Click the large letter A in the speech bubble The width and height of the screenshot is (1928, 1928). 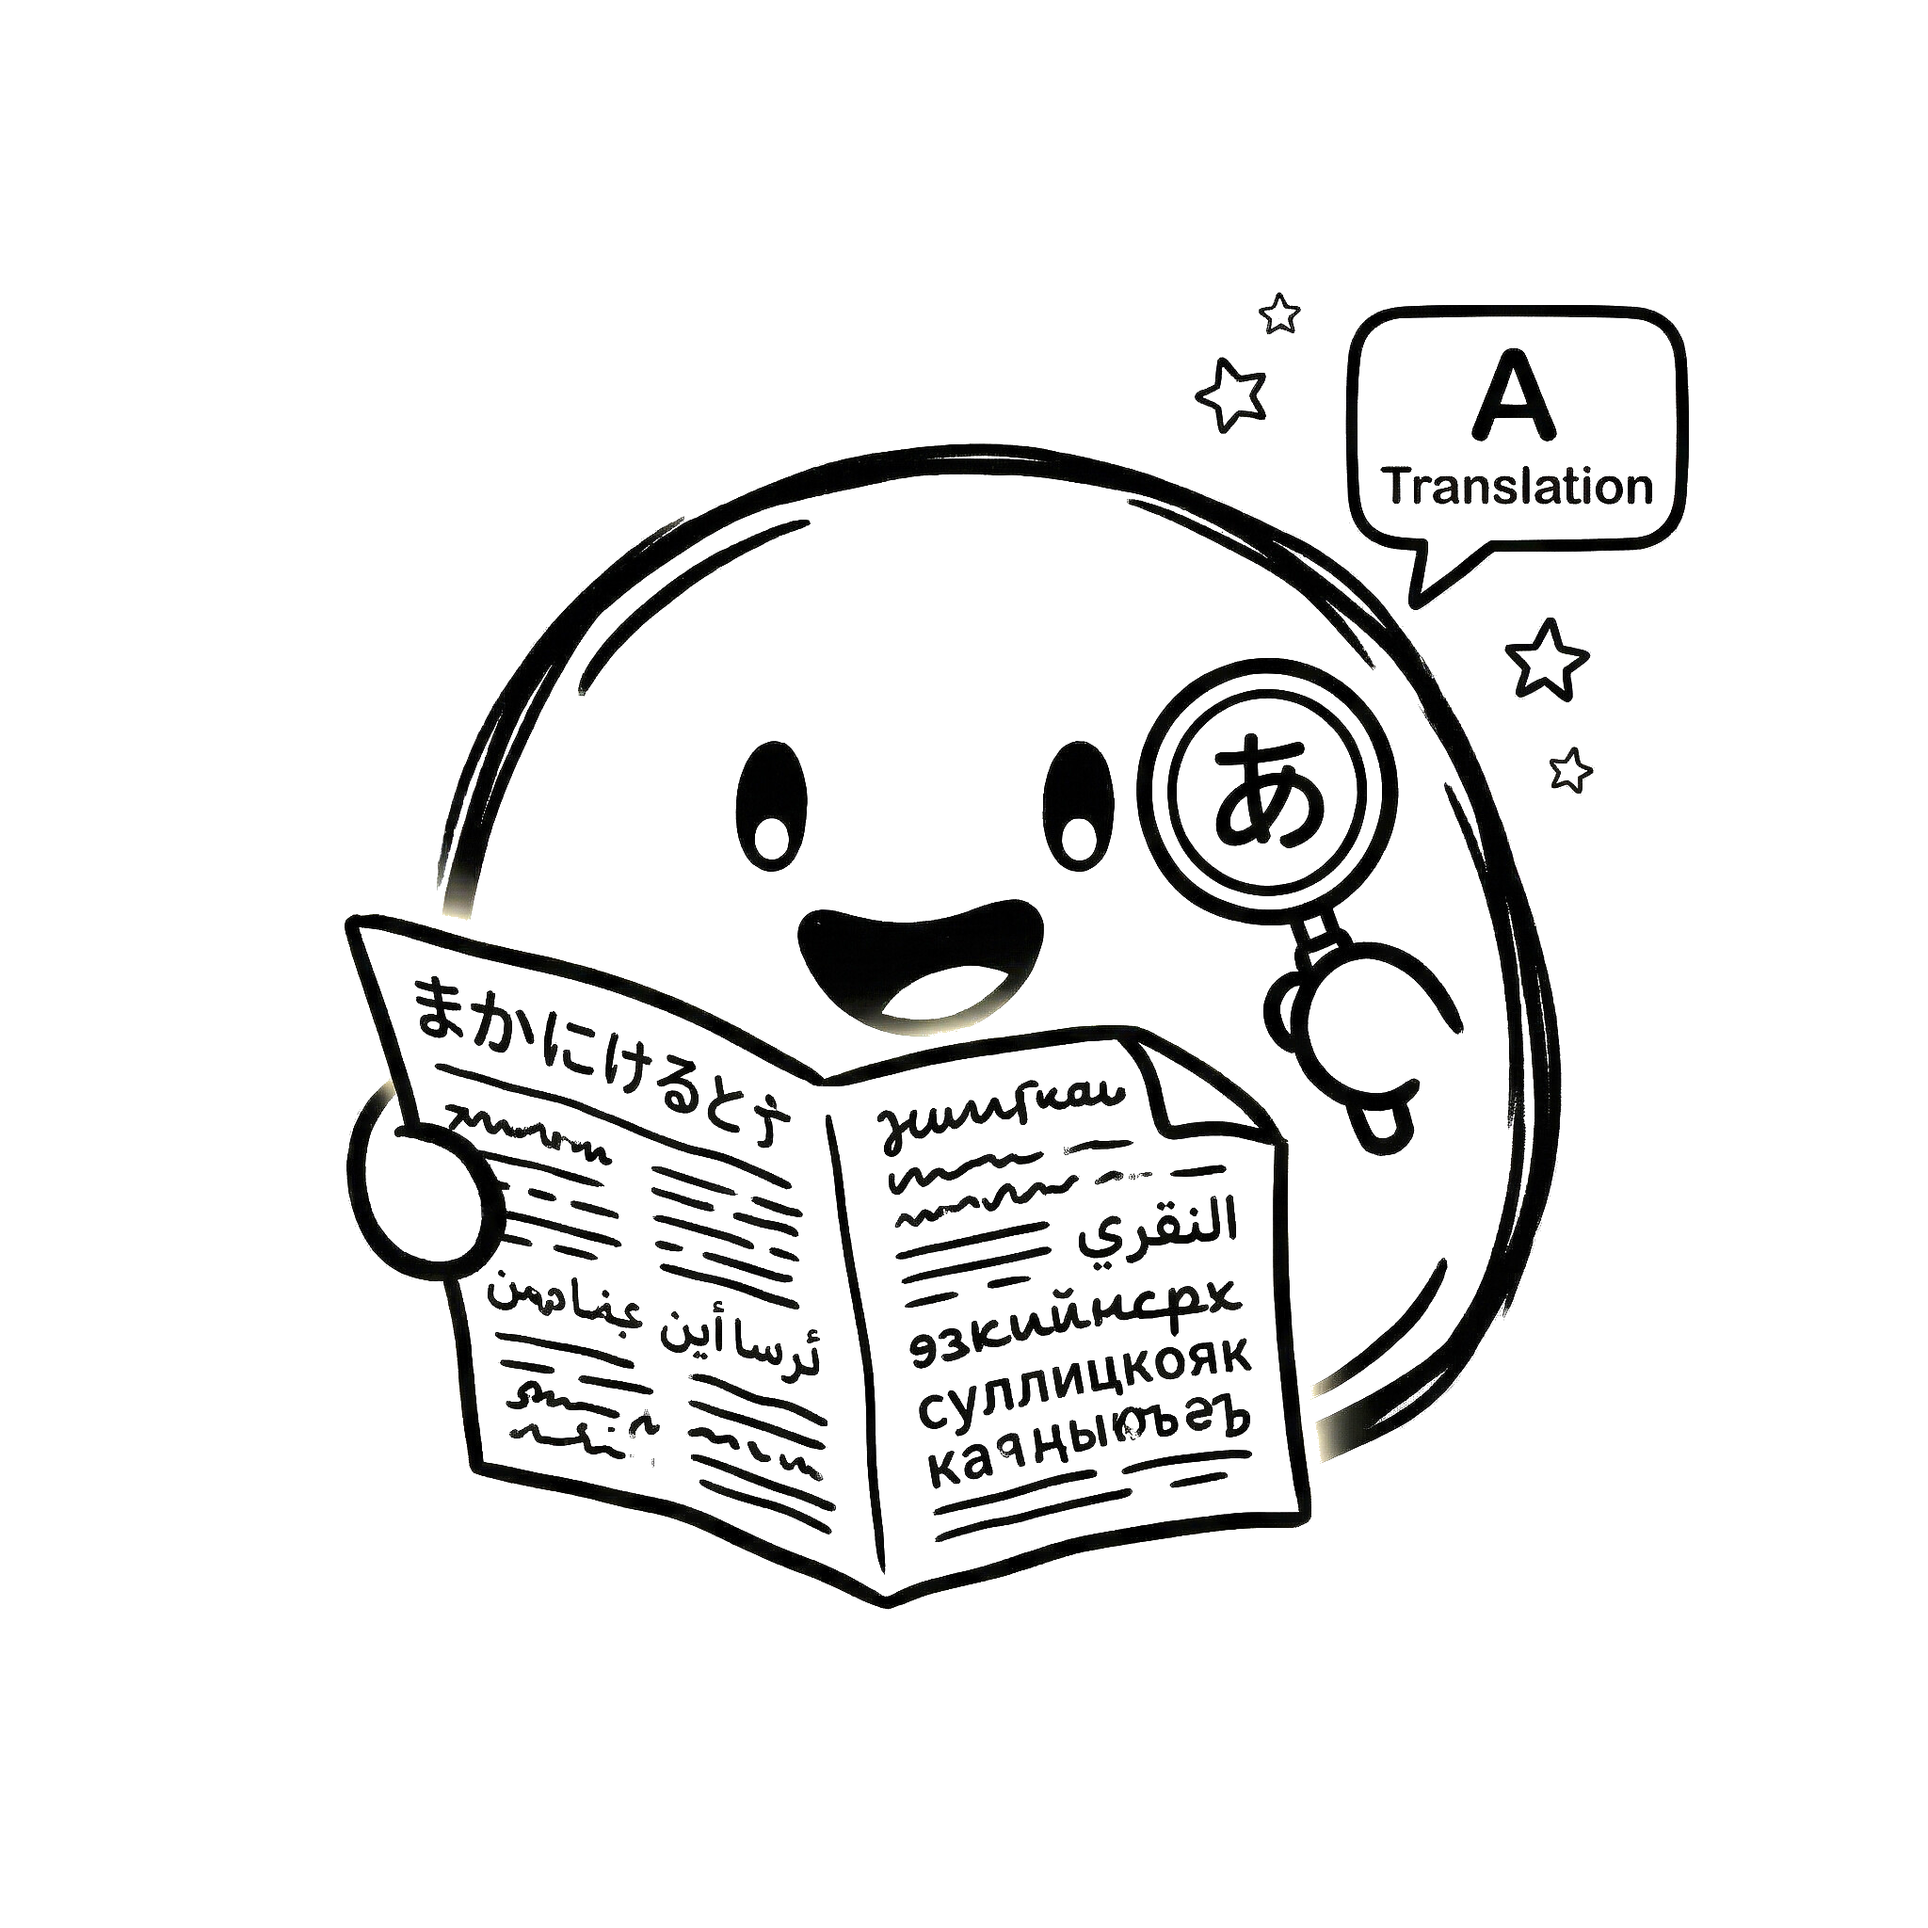pos(1514,396)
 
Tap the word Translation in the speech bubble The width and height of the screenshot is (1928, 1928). pos(1518,487)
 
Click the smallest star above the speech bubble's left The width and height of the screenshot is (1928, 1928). pos(1279,313)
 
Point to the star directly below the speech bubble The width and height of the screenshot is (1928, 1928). pos(1546,659)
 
